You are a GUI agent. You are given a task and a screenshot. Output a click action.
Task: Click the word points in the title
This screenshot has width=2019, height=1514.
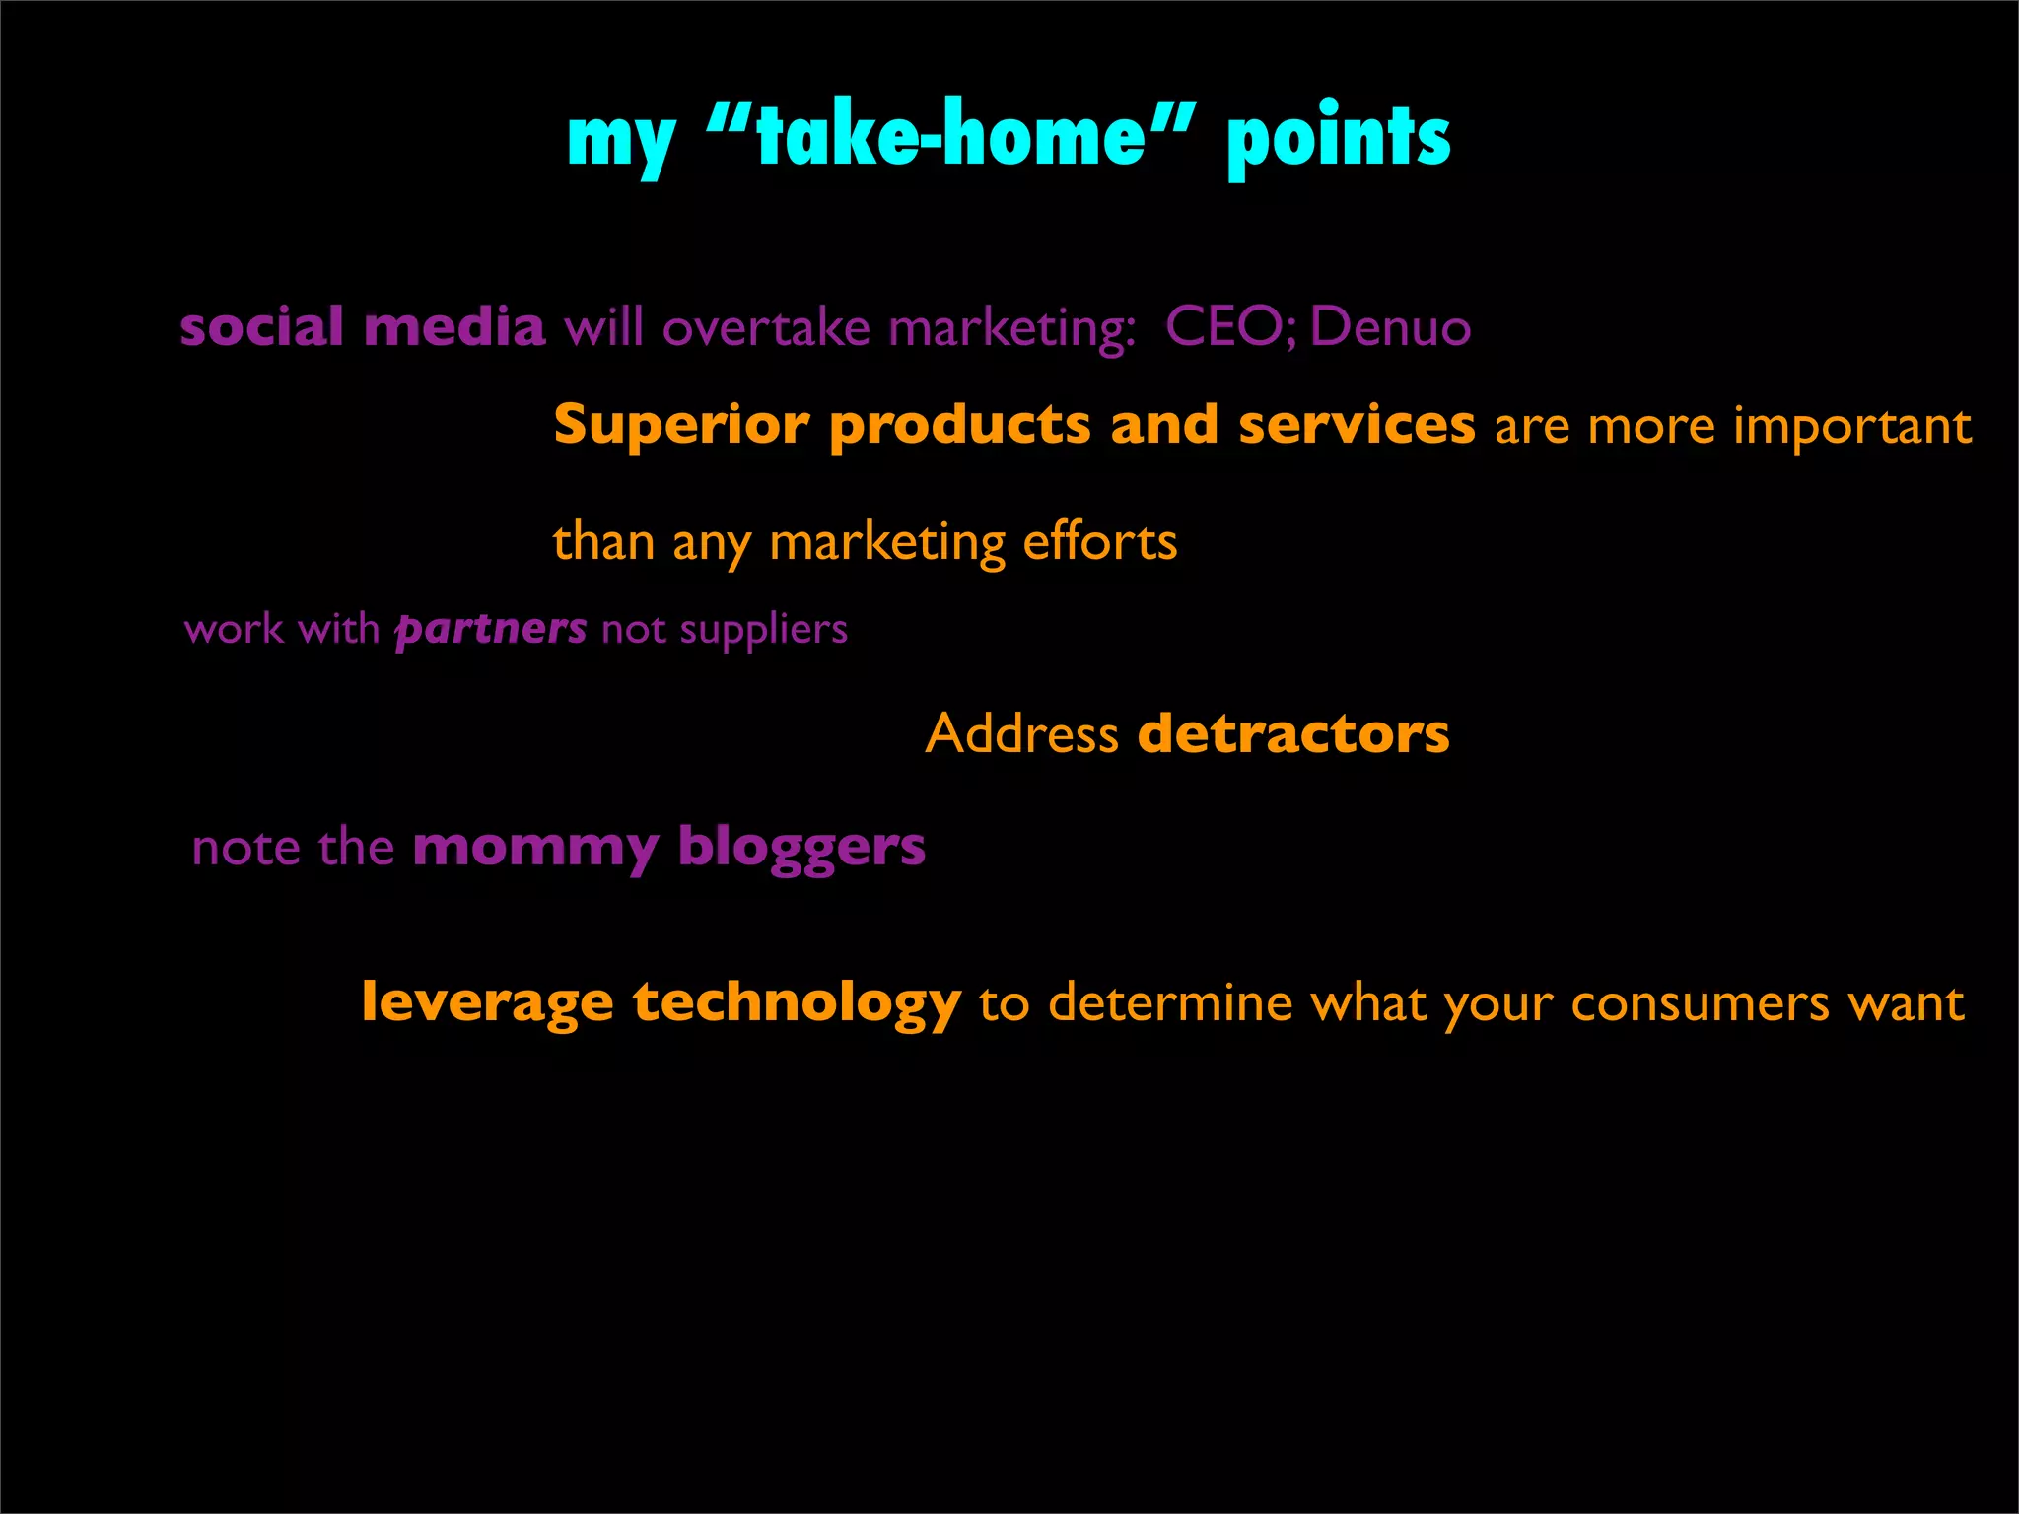(1338, 137)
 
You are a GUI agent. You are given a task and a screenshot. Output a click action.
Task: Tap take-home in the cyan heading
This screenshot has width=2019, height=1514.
(950, 135)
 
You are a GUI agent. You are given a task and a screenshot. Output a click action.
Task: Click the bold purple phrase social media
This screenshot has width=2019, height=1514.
(362, 326)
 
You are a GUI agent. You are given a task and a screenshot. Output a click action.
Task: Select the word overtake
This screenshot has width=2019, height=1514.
(766, 327)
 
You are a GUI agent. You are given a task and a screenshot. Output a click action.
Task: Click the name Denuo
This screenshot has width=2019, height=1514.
(1390, 326)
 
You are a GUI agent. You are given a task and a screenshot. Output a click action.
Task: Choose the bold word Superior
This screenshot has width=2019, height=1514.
(681, 426)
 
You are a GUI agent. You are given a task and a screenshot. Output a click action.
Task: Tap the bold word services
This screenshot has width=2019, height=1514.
(1357, 426)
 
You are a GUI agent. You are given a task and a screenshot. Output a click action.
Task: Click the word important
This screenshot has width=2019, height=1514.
(1852, 428)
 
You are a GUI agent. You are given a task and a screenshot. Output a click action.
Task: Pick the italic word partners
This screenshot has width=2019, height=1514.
(491, 629)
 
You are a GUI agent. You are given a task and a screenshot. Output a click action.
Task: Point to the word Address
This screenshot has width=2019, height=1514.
(1021, 734)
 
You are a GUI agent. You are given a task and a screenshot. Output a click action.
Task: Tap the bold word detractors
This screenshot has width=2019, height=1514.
(1293, 734)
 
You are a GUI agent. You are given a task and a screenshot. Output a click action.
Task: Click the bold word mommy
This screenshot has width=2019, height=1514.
(535, 849)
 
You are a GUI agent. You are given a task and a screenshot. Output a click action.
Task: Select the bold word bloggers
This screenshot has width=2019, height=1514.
(801, 849)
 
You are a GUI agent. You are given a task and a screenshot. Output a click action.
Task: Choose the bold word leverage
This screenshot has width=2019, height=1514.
(488, 1003)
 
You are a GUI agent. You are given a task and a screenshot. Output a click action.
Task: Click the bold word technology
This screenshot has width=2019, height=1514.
(797, 1003)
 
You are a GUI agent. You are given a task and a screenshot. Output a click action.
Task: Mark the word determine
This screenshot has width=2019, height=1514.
(1170, 1004)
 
